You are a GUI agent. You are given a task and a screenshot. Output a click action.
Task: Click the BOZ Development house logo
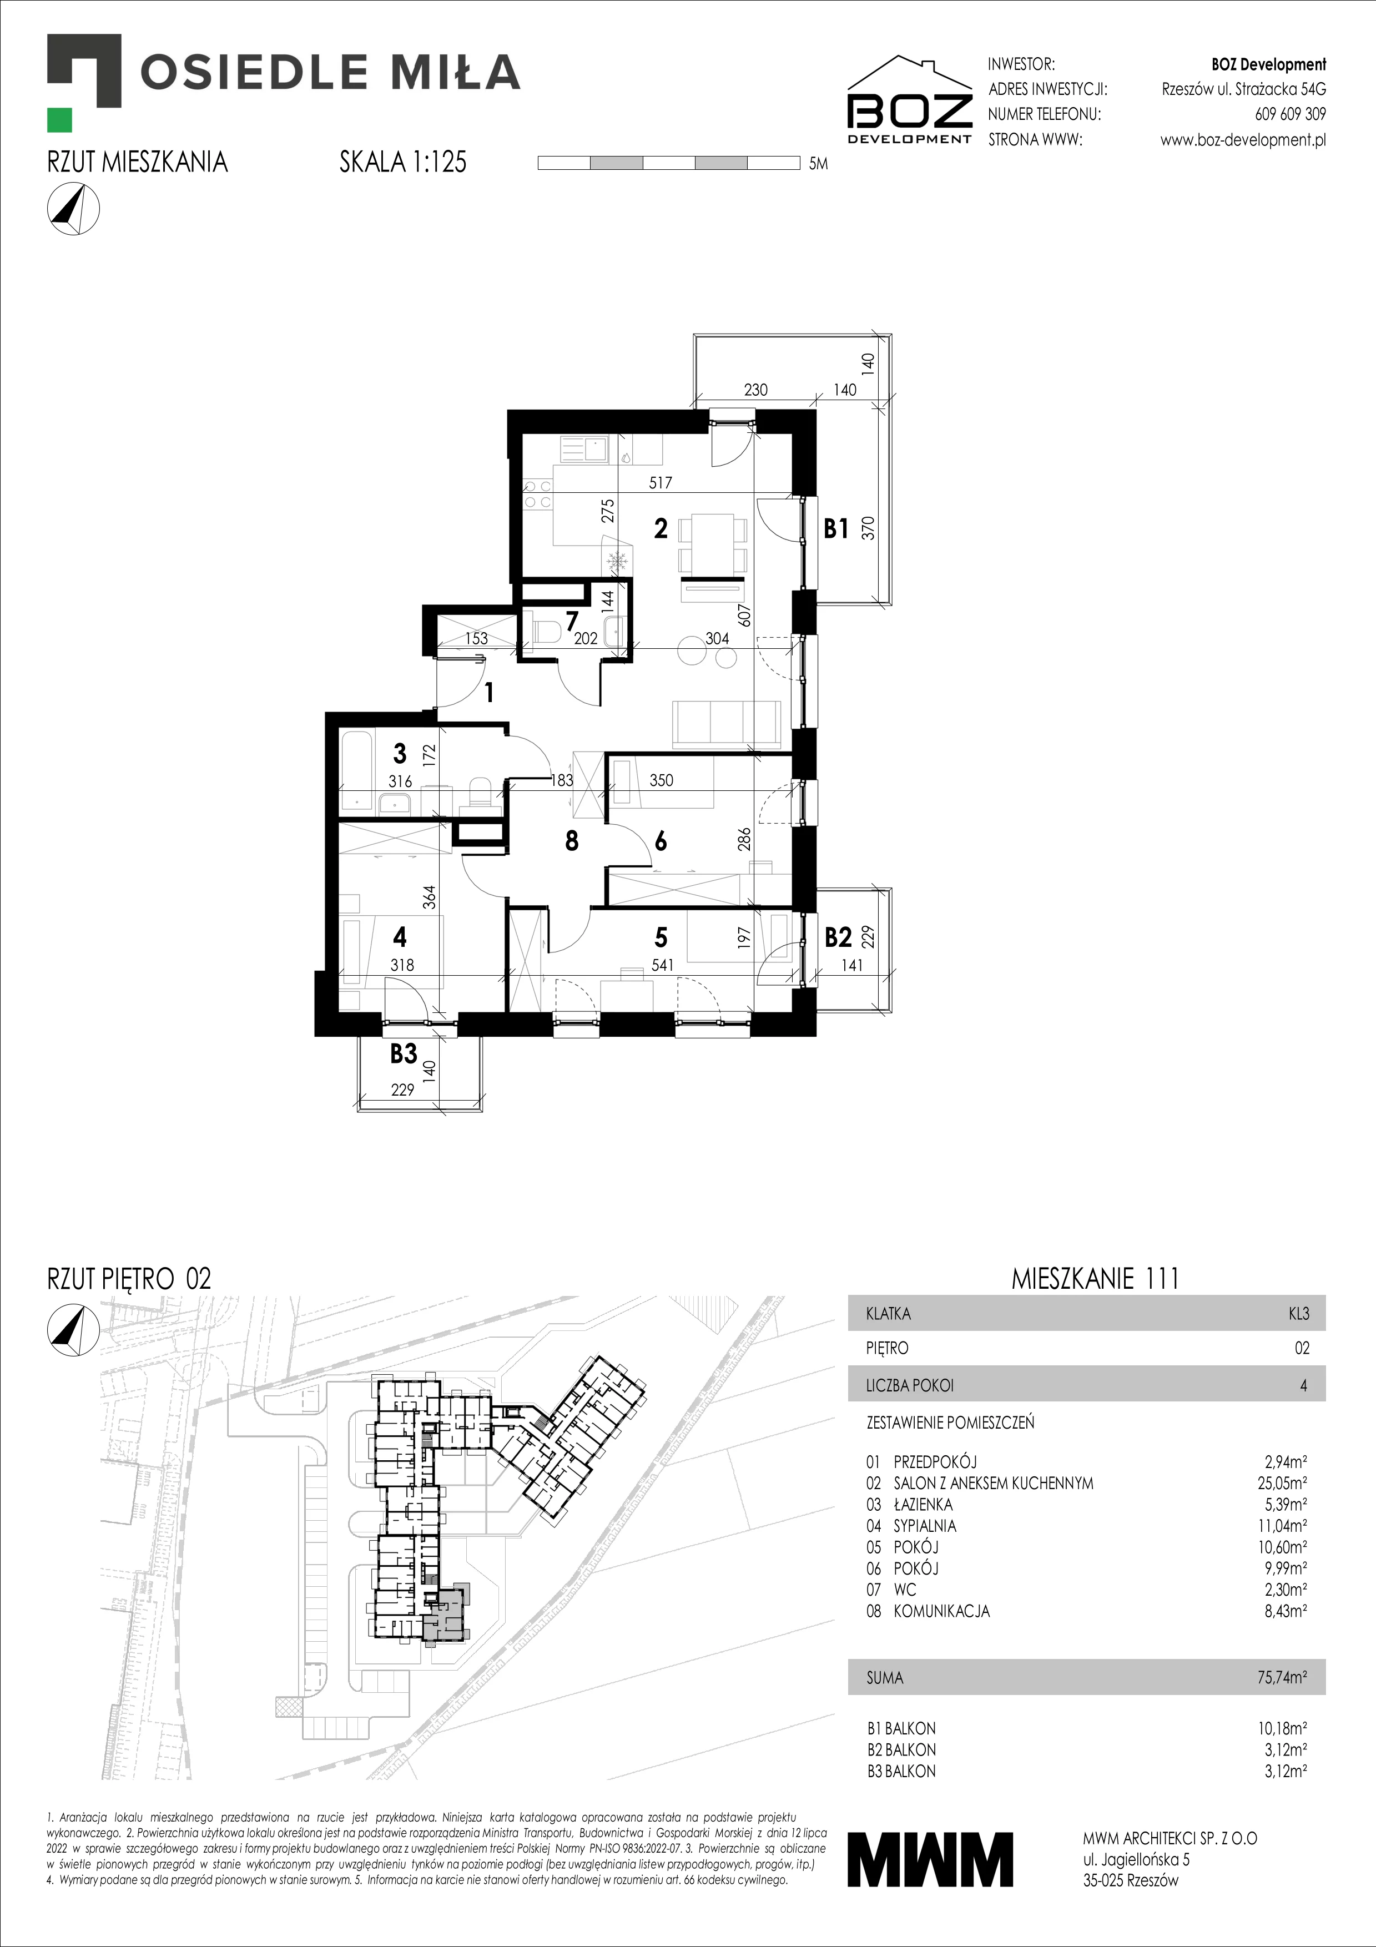(x=910, y=99)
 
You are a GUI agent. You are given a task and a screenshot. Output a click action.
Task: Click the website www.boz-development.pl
(x=1243, y=140)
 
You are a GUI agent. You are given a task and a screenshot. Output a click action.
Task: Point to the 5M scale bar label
(x=818, y=164)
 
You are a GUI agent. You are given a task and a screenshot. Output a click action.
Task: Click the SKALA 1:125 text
(x=403, y=162)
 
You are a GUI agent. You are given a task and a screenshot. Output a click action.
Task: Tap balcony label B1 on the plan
(x=836, y=528)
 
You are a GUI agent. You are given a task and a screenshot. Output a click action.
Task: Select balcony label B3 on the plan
(x=404, y=1053)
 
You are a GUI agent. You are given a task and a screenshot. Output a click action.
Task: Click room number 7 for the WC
(x=572, y=621)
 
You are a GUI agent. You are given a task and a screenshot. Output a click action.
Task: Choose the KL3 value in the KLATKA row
(x=1298, y=1314)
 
